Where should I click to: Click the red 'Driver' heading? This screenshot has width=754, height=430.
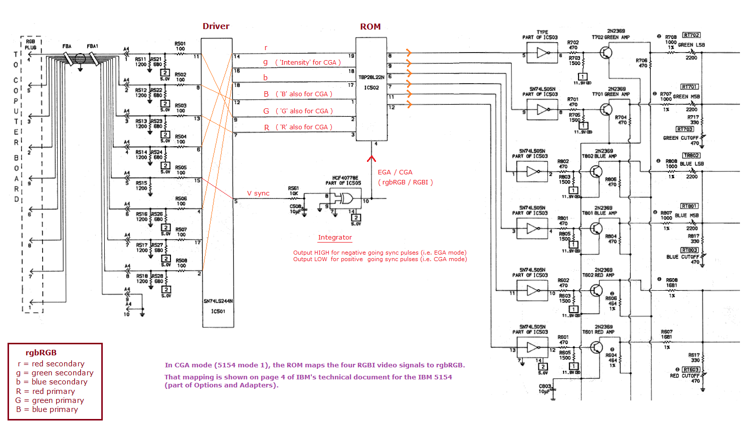pos(216,26)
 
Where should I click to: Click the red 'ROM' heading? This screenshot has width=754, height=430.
pos(370,27)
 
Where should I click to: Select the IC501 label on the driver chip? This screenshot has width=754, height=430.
pos(218,311)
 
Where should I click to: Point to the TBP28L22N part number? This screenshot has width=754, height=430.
pos(371,77)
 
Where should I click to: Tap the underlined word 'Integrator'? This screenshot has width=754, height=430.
pos(335,238)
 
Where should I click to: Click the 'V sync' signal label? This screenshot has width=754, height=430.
pos(258,193)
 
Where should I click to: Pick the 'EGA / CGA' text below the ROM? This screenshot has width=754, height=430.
pos(395,172)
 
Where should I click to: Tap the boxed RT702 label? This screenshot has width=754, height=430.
pos(691,35)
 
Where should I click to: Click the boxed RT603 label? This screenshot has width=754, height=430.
pos(691,369)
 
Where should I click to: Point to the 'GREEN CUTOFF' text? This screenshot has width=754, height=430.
pos(680,138)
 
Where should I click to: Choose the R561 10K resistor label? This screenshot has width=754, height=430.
pos(293,190)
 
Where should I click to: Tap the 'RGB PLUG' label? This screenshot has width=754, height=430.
pos(31,45)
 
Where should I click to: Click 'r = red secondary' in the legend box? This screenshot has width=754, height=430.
pos(51,364)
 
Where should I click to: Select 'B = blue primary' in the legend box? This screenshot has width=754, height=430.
pos(47,409)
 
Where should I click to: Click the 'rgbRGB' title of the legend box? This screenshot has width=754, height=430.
pos(41,353)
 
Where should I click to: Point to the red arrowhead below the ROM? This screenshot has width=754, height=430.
pos(371,159)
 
